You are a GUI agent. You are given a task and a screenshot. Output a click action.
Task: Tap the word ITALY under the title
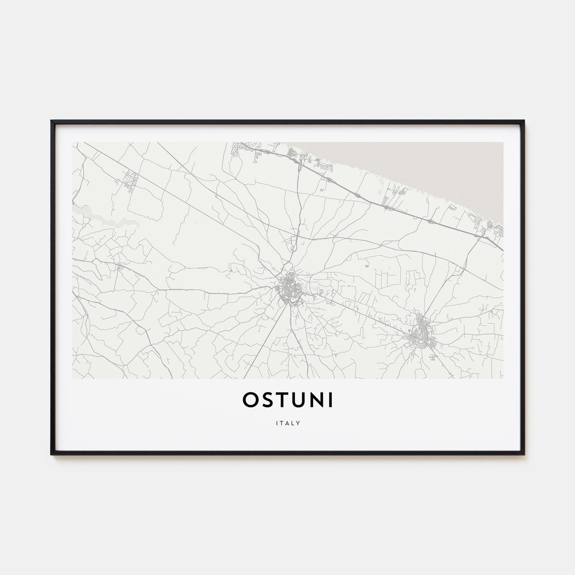[x=287, y=423]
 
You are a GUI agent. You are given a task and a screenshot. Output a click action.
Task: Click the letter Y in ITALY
[x=299, y=423]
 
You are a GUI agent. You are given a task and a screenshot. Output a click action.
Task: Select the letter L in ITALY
[x=293, y=423]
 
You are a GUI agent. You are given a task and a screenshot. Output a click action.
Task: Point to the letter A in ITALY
[x=287, y=423]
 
